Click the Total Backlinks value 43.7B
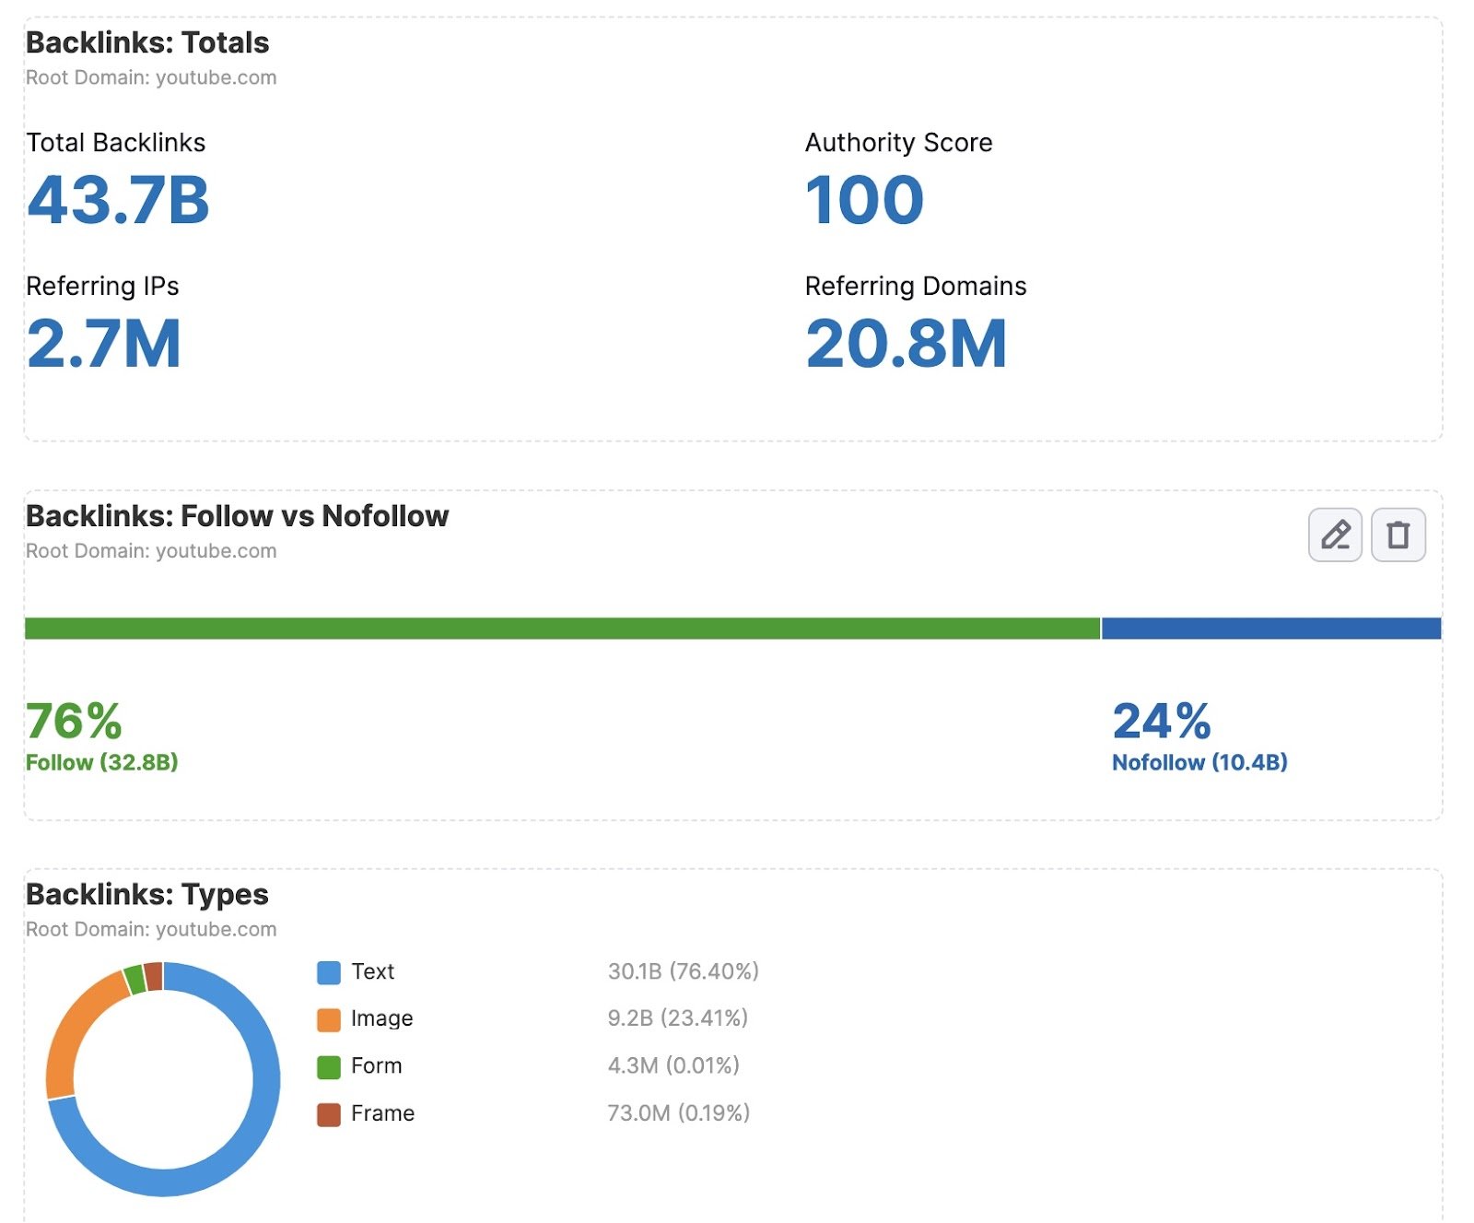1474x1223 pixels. tap(118, 200)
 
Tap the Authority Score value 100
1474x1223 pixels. tap(863, 200)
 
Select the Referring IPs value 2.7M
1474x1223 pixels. tap(103, 344)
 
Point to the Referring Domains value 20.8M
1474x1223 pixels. tap(906, 344)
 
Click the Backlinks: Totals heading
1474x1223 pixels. tap(147, 42)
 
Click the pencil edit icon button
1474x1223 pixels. tap(1334, 535)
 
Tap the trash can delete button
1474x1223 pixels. tap(1398, 535)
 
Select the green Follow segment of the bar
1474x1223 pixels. tap(562, 629)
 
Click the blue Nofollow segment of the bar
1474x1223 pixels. tap(1270, 629)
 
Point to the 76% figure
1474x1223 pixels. tap(74, 721)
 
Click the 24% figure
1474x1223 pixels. tap(1161, 721)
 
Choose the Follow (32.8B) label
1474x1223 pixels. tap(101, 762)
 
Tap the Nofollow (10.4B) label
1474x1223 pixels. tap(1199, 762)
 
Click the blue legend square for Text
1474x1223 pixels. tap(329, 972)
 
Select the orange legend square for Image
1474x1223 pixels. tap(329, 1019)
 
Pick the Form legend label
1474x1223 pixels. tap(376, 1066)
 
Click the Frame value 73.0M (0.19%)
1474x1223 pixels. tap(678, 1113)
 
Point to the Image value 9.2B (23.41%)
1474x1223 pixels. tap(677, 1018)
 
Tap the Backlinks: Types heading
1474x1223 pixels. tap(147, 894)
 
